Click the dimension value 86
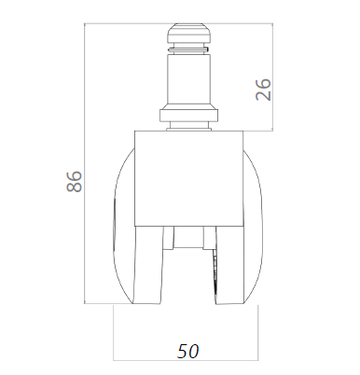75,181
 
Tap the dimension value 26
263,90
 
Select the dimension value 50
187,352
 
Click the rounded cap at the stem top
189,34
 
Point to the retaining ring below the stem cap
188,49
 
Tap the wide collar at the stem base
188,114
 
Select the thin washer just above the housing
188,129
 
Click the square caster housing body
188,178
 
